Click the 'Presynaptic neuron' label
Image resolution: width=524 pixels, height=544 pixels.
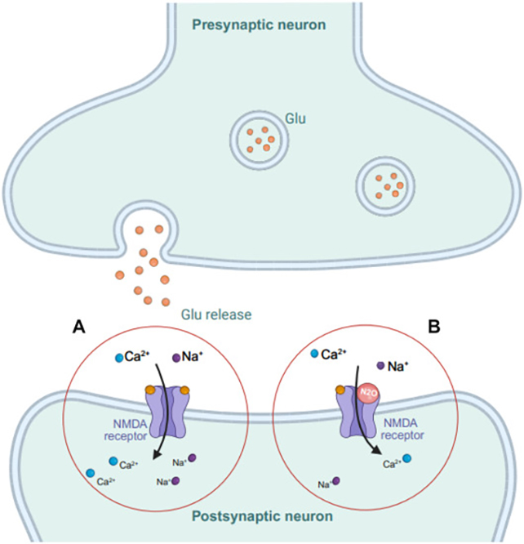259,24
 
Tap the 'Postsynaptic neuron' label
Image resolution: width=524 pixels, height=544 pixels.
261,516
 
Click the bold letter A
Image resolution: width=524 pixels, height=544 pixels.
79,327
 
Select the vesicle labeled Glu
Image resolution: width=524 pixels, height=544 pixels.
257,140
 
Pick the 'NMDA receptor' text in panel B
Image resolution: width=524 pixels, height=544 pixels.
404,429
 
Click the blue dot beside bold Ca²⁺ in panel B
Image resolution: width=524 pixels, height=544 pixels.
315,354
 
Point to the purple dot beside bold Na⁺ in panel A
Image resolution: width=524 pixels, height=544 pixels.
176,357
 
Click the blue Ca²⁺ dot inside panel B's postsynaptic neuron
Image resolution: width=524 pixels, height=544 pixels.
406,459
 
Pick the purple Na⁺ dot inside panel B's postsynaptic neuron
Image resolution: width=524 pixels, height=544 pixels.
335,482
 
